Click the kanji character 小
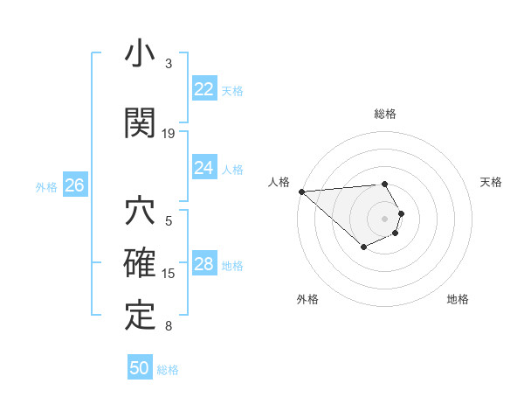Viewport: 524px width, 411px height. (140, 55)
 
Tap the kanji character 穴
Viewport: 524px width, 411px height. (140, 212)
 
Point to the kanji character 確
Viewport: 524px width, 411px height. (140, 263)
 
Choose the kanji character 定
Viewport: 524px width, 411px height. (140, 316)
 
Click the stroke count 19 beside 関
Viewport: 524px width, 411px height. (169, 134)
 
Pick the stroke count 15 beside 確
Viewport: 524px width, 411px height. (169, 274)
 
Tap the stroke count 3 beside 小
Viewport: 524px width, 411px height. (169, 64)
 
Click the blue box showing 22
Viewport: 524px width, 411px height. (203, 88)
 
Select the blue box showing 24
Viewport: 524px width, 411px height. (203, 167)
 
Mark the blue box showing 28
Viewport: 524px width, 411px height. (203, 264)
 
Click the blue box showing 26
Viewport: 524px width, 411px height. (74, 185)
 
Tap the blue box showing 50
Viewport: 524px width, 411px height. (140, 368)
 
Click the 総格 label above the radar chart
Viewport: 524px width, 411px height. (385, 114)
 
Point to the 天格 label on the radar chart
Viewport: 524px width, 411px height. (492, 182)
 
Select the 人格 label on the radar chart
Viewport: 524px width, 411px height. (279, 182)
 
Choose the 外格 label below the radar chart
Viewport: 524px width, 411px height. (307, 299)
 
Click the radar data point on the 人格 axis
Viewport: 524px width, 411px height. (300, 192)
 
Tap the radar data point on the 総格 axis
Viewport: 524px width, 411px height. (385, 185)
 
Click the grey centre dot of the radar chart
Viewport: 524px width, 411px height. (385, 218)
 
